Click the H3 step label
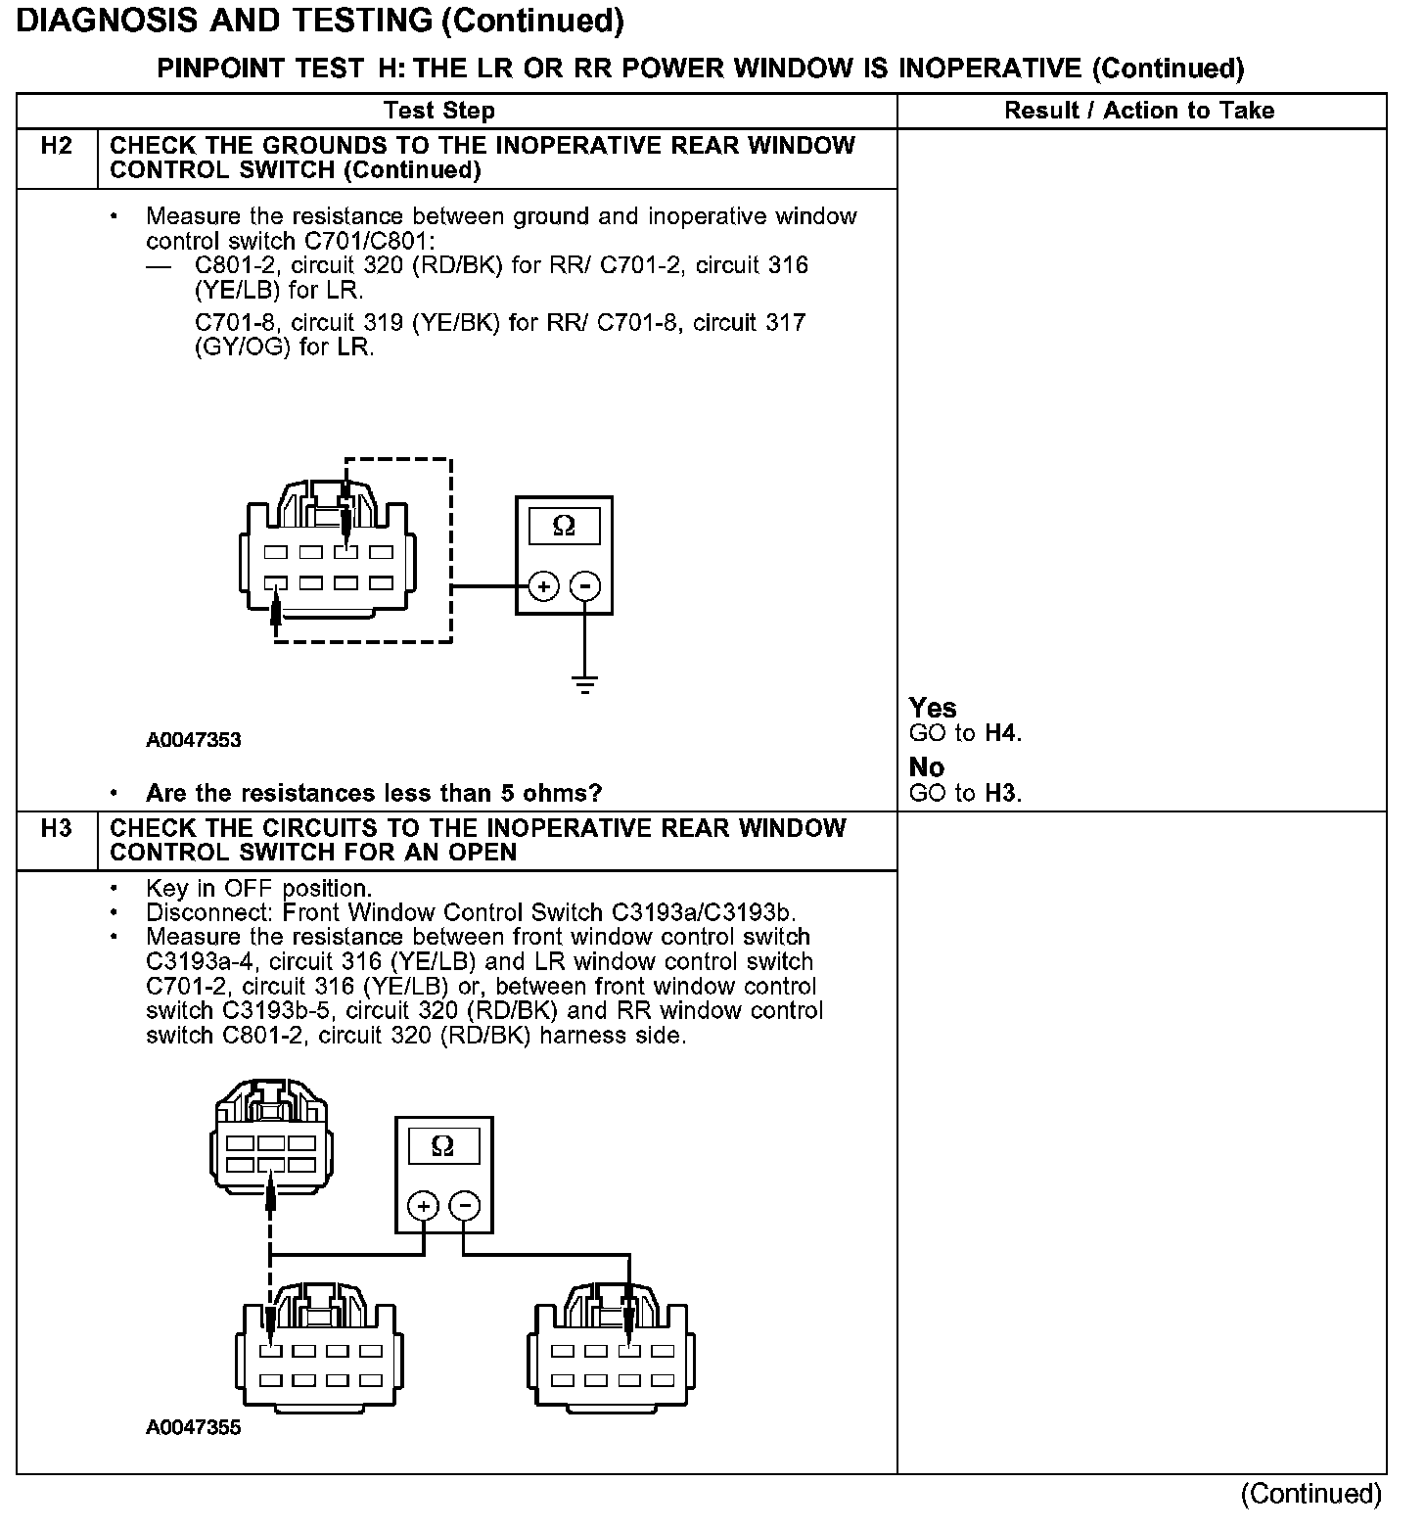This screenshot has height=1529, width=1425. click(x=57, y=829)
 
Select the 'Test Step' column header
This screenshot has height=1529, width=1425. click(x=439, y=111)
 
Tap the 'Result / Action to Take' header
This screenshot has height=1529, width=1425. click(x=1139, y=111)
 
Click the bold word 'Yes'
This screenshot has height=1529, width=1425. click(x=933, y=708)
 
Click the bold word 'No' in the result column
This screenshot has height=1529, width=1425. click(x=926, y=766)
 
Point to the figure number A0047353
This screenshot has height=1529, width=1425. click(x=194, y=740)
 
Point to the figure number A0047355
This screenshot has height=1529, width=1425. click(x=194, y=1427)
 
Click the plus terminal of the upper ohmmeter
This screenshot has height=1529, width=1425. click(x=543, y=587)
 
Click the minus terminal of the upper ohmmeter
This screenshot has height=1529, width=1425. click(x=584, y=587)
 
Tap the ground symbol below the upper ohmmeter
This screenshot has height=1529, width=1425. click(x=584, y=683)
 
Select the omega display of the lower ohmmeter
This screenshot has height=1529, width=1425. click(x=442, y=1146)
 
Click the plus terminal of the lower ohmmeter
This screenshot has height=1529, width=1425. click(x=423, y=1205)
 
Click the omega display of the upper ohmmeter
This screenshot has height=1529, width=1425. click(x=564, y=527)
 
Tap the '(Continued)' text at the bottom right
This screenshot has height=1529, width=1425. click(x=1310, y=1494)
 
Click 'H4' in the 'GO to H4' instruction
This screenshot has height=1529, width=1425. click(x=1000, y=733)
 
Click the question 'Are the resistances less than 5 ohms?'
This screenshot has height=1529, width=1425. click(x=374, y=793)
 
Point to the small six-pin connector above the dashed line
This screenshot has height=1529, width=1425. click(x=271, y=1135)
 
